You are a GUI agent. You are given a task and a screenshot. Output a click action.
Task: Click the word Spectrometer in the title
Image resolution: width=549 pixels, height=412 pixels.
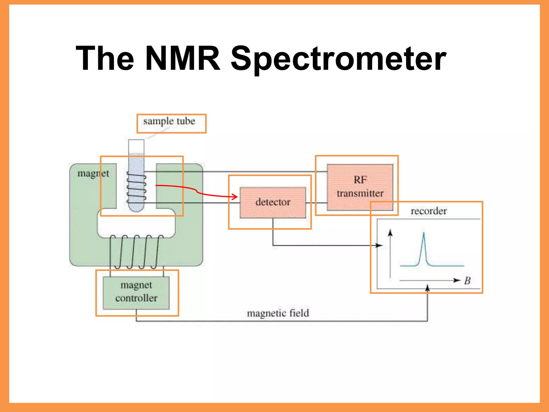coord(338,59)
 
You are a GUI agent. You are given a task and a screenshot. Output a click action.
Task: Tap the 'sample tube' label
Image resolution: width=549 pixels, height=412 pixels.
coord(169,121)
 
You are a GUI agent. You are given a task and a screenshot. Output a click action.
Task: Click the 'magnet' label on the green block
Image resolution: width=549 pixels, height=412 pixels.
coord(93,174)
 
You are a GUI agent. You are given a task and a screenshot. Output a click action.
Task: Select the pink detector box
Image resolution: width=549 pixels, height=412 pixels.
coord(273,202)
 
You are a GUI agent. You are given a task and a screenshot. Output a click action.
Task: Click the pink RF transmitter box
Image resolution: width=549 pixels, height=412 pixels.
coord(360,187)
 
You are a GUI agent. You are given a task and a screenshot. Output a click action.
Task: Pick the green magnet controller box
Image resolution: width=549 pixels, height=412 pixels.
coord(136,292)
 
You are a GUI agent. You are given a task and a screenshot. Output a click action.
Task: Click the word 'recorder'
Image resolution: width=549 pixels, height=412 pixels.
coord(429,211)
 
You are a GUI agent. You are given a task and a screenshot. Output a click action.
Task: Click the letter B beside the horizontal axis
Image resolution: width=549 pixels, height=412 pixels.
coord(467,281)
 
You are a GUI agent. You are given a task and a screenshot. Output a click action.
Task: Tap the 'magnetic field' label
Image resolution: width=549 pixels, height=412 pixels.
coord(278,313)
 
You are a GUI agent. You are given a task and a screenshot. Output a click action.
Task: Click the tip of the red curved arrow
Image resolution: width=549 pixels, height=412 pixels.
coord(237,197)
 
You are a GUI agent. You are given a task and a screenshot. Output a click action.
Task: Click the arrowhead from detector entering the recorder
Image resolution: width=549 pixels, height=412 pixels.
coord(380,245)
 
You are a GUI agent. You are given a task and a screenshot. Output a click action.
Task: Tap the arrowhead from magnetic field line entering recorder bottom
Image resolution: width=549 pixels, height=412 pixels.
coord(427,288)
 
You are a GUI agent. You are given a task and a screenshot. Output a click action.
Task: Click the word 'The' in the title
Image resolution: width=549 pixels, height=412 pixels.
coord(105,58)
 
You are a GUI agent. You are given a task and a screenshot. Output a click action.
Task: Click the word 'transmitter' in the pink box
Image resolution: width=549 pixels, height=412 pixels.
coord(360,193)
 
